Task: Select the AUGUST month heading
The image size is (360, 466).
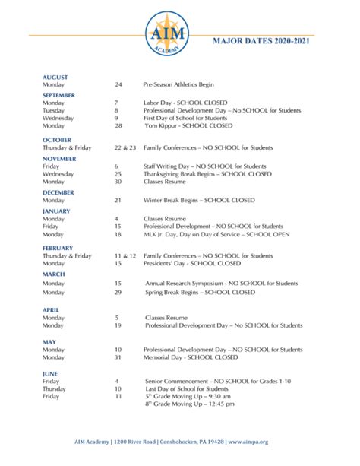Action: click(x=55, y=78)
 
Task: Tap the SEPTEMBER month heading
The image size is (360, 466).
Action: click(x=59, y=94)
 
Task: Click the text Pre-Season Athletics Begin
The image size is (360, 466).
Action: click(x=181, y=85)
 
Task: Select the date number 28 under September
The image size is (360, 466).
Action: click(x=118, y=125)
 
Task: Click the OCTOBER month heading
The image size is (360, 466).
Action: click(x=57, y=141)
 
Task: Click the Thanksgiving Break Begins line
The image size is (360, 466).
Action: click(x=207, y=173)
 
